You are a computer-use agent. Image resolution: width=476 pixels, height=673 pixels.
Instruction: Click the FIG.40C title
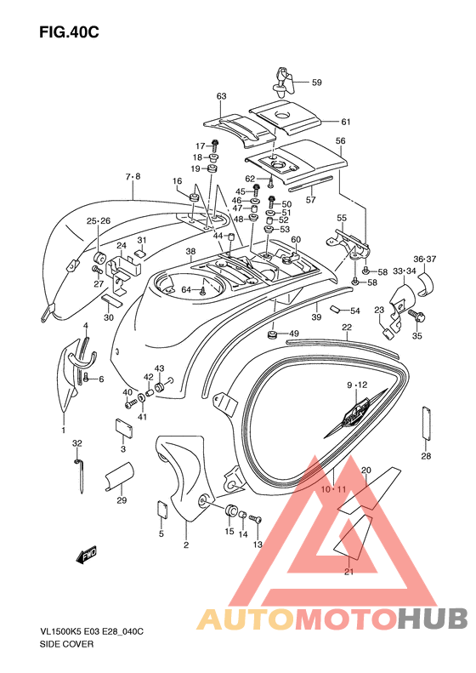(69, 31)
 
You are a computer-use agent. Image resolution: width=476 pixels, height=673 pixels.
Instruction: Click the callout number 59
(316, 82)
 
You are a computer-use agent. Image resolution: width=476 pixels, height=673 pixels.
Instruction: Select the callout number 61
(346, 122)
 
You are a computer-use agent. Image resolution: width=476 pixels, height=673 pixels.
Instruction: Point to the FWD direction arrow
(87, 554)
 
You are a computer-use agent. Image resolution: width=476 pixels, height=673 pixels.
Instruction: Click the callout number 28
(426, 456)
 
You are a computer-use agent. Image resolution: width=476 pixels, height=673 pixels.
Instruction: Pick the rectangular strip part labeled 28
(426, 423)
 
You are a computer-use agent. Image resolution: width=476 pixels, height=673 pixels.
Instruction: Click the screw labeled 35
(415, 317)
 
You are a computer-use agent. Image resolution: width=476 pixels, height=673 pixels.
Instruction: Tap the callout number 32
(76, 443)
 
